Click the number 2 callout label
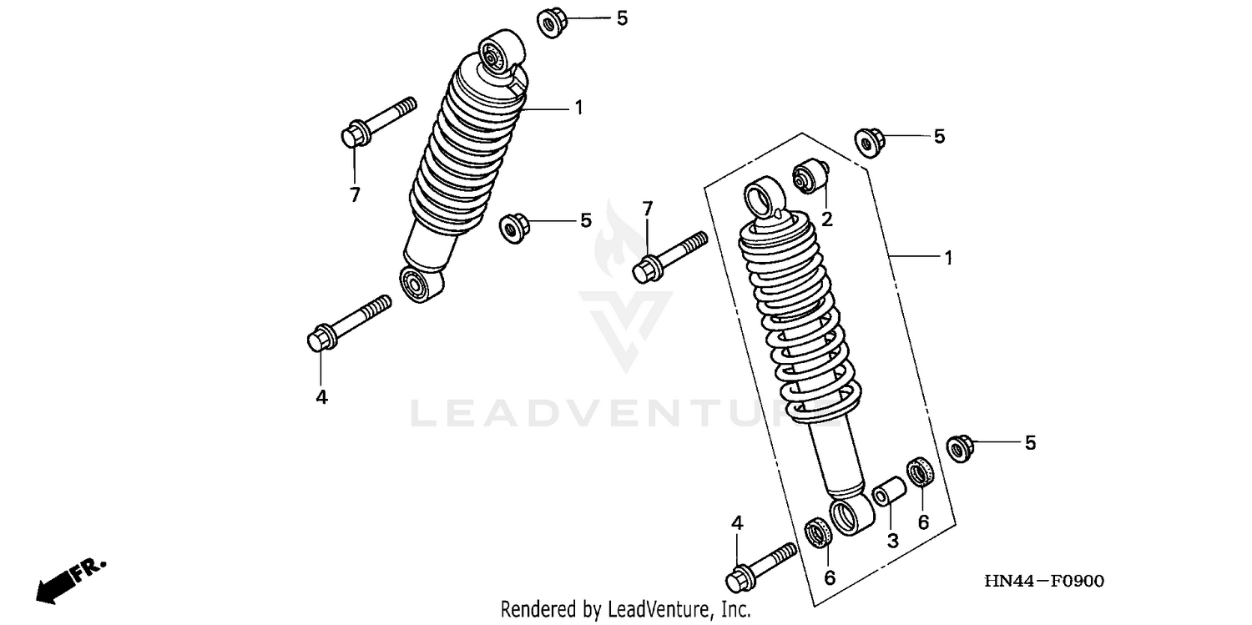pyautogui.click(x=826, y=219)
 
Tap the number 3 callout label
pyautogui.click(x=892, y=540)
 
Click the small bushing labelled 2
pyautogui.click(x=810, y=177)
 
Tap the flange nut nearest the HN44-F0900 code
pyautogui.click(x=962, y=449)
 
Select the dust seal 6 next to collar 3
pyautogui.click(x=921, y=473)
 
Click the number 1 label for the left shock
pyautogui.click(x=578, y=107)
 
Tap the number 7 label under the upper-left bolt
pyautogui.click(x=355, y=195)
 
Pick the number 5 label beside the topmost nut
pyautogui.click(x=622, y=18)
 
